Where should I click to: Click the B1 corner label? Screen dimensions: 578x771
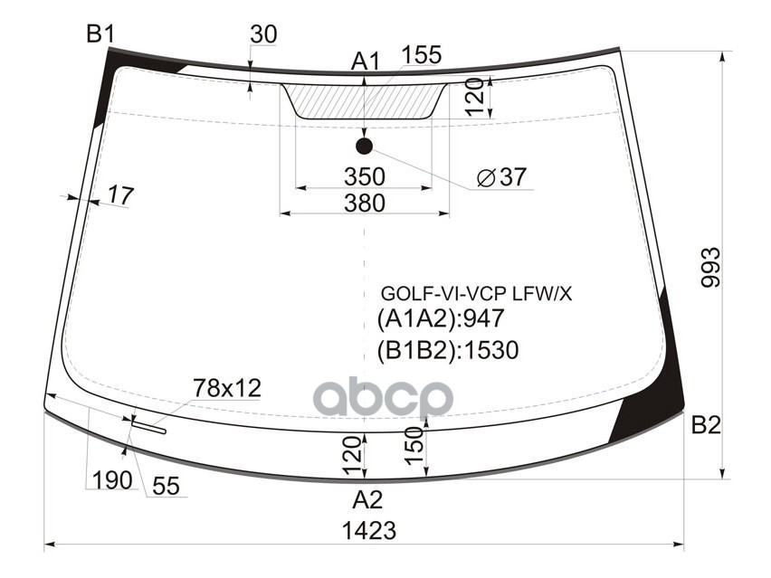point(100,33)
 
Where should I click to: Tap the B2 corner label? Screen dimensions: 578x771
point(706,425)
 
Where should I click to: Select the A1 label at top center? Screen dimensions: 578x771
point(365,62)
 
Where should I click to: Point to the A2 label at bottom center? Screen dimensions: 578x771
point(367,499)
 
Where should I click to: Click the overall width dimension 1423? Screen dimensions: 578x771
point(368,530)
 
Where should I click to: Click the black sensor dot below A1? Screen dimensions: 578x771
point(365,146)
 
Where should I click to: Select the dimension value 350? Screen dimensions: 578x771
point(365,176)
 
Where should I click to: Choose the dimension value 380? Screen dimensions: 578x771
point(365,204)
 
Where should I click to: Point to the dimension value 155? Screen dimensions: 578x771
point(421,55)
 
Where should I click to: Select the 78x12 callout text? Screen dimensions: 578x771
point(226,389)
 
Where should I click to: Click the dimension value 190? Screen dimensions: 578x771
point(112,479)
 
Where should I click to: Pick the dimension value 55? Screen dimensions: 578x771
point(166,487)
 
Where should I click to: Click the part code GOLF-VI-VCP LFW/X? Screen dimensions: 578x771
point(476,294)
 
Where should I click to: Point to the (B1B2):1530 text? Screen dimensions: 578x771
point(448,350)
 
